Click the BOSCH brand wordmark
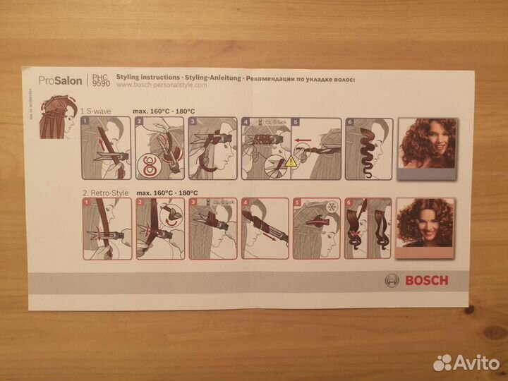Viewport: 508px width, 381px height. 426,280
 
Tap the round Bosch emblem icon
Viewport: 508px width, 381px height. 392,280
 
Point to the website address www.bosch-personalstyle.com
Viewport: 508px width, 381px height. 161,85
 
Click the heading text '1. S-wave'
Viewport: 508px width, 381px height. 96,111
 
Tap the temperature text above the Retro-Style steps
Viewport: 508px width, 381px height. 167,192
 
